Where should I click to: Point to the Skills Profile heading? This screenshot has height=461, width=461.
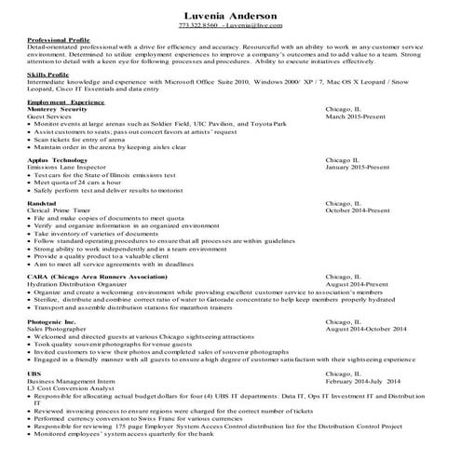[x=48, y=82]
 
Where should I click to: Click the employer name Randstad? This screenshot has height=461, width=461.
[x=43, y=203]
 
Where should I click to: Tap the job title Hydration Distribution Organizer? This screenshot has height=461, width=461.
[x=78, y=283]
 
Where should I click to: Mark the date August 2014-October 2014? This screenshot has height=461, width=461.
[x=377, y=330]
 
